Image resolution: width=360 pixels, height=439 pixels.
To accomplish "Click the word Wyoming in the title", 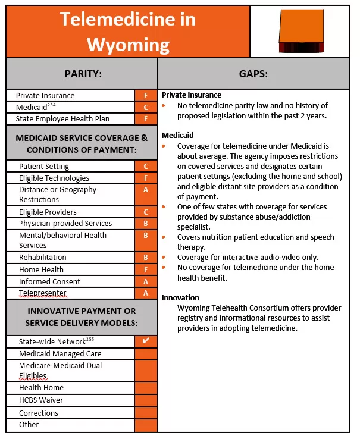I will pyautogui.click(x=127, y=45).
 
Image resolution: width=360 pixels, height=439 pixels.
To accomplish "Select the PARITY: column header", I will pyautogui.click(x=83, y=74).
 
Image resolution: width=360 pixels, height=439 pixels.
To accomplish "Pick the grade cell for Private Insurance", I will pyautogui.click(x=146, y=95).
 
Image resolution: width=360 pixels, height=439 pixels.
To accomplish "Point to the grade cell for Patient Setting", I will pyautogui.click(x=146, y=167).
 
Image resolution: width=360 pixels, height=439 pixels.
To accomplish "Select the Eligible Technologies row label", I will pyautogui.click(x=54, y=178).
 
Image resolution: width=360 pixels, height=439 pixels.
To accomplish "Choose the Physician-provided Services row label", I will pyautogui.click(x=65, y=224).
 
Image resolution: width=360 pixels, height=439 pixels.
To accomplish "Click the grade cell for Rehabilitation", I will pyautogui.click(x=146, y=258).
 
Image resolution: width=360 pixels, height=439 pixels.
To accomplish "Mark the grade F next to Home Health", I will pyautogui.click(x=146, y=269).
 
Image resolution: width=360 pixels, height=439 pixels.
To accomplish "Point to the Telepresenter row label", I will pyautogui.click(x=43, y=293).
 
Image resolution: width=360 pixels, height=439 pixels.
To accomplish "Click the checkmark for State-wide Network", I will pyautogui.click(x=146, y=341).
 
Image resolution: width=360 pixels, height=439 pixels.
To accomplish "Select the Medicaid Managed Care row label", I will pyautogui.click(x=60, y=354).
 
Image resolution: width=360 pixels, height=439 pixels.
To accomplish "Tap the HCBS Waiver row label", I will pyautogui.click(x=41, y=400).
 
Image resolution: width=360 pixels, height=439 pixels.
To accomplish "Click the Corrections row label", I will pyautogui.click(x=39, y=413).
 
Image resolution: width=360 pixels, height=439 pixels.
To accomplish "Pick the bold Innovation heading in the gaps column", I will pyautogui.click(x=180, y=297).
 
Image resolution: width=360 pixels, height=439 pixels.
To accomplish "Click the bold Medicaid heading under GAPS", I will pyautogui.click(x=177, y=136).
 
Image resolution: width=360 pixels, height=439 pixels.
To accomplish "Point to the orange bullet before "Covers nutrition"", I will pyautogui.click(x=164, y=237).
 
